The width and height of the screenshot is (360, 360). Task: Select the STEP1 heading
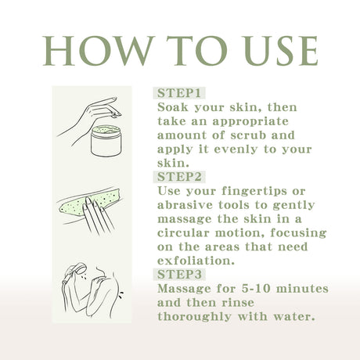click(179, 92)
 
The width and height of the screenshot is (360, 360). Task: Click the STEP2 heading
click(179, 177)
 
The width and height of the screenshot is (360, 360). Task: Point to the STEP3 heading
click(179, 275)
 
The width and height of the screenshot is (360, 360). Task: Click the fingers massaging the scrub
click(99, 216)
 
